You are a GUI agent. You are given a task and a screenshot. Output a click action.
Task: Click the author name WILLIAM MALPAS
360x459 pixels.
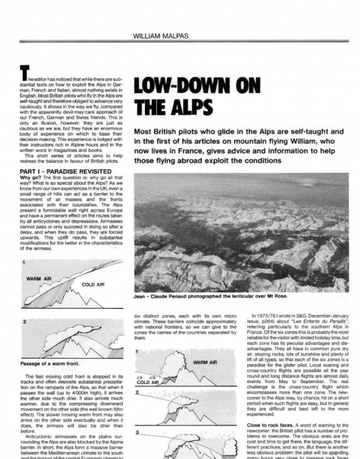161,35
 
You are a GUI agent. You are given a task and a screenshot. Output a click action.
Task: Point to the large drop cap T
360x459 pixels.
23,73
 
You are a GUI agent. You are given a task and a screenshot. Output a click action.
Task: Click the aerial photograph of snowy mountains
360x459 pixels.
242,232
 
